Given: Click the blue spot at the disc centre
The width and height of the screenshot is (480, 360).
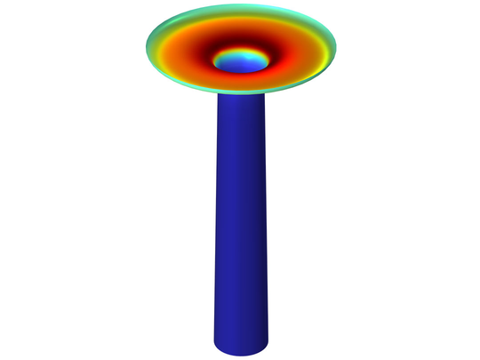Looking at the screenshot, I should (242, 61).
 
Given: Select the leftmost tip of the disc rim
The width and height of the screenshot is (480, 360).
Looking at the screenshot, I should (147, 43).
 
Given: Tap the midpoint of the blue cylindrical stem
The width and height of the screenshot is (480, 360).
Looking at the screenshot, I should (241, 222).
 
